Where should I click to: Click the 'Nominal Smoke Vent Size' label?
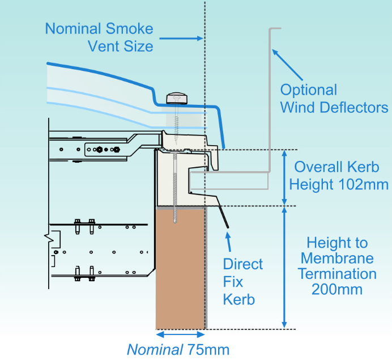[x=99, y=37]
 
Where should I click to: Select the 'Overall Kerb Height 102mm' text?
[x=338, y=176]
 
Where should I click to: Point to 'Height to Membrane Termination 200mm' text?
[x=338, y=266]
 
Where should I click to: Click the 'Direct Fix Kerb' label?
[x=242, y=281]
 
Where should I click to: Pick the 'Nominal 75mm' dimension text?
[x=178, y=349]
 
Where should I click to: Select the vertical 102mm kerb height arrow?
[x=284, y=177]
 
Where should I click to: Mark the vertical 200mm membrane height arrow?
[x=284, y=267]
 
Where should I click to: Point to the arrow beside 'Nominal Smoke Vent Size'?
[x=181, y=38]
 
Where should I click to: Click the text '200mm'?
[x=338, y=289]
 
